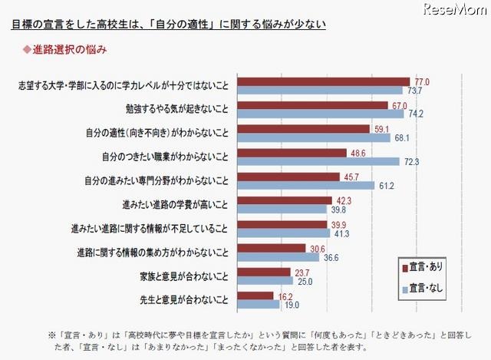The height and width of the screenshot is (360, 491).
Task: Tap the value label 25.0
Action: (x=304, y=282)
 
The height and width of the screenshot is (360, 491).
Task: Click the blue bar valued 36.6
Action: (x=279, y=257)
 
